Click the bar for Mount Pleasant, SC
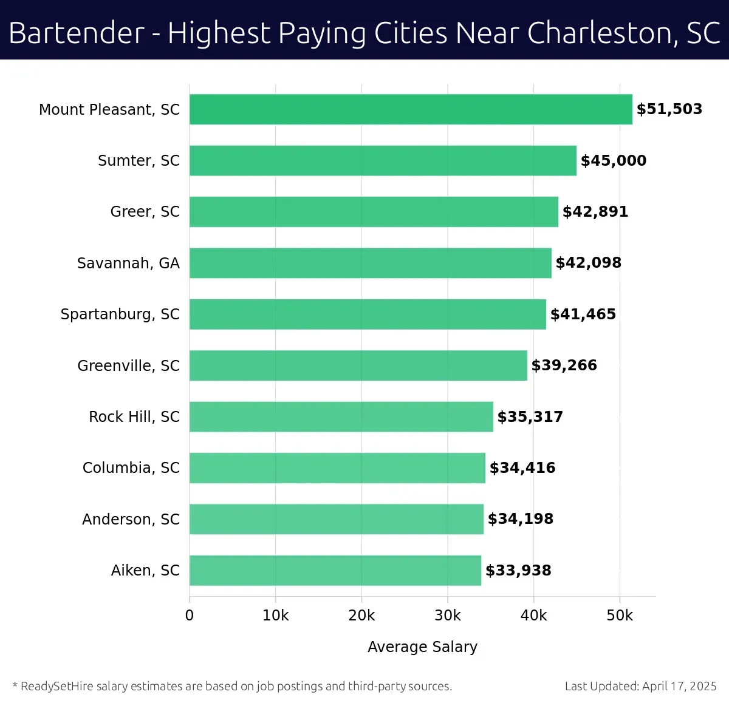[411, 109]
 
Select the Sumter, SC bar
[383, 160]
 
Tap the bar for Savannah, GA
[371, 263]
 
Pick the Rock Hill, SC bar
[341, 416]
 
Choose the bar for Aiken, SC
[335, 570]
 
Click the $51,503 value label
[669, 109]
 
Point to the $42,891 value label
[595, 212]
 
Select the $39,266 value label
[564, 365]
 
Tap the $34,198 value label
[521, 519]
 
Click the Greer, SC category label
[145, 212]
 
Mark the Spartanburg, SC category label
[120, 314]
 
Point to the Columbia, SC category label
[131, 468]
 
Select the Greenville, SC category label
[128, 365]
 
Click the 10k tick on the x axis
[275, 616]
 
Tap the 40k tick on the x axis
[533, 616]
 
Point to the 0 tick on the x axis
[190, 616]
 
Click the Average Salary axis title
[422, 647]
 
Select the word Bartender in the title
[77, 33]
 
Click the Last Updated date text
[640, 687]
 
